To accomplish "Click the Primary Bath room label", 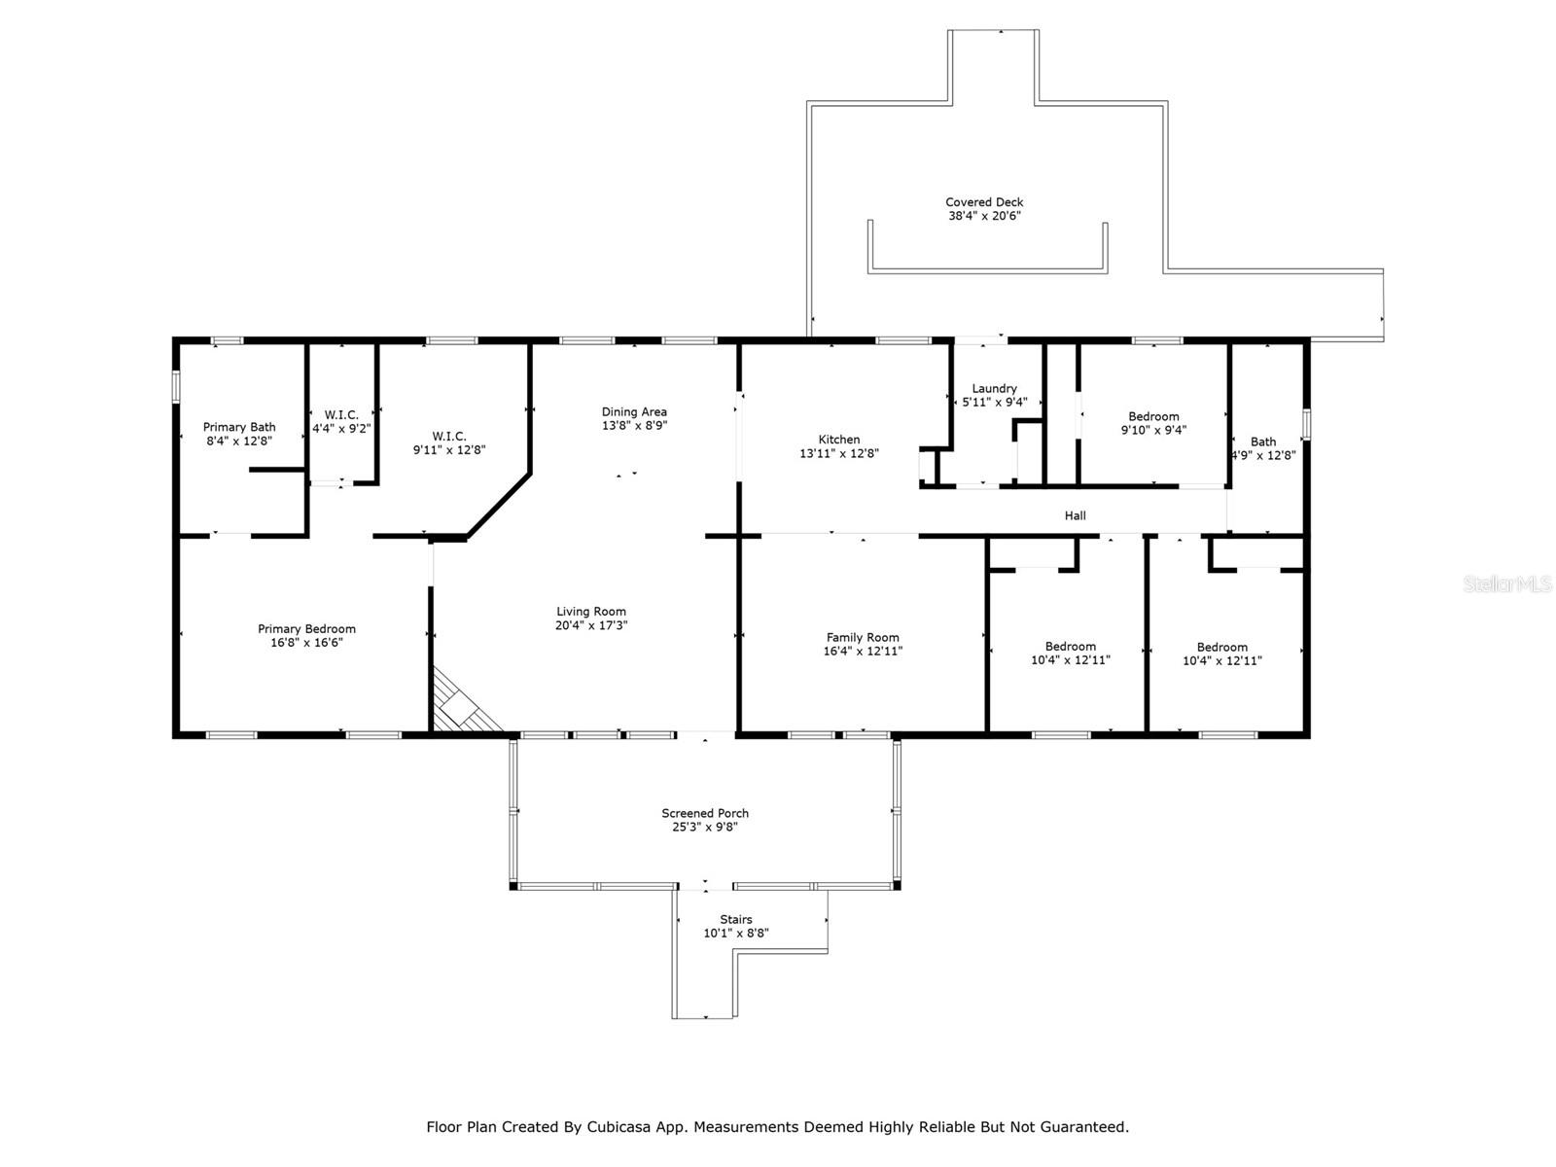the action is [239, 427].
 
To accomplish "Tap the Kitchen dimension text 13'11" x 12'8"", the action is [839, 453].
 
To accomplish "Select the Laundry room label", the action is [994, 389].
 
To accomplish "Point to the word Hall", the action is [1075, 515].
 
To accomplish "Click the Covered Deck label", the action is [984, 202].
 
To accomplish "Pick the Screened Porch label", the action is [705, 813].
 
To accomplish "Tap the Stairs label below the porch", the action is [736, 920].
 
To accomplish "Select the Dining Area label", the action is [634, 412].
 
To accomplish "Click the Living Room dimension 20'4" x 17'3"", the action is [591, 625].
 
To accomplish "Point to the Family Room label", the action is [862, 638].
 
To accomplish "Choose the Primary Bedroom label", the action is [306, 629].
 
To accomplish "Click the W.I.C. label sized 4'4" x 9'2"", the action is [341, 415].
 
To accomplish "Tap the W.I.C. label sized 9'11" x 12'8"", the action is [448, 437].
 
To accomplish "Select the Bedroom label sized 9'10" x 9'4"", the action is [1153, 416].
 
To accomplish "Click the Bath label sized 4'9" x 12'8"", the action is [1263, 442].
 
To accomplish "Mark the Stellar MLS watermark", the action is [1507, 583].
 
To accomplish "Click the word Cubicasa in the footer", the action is [619, 1126].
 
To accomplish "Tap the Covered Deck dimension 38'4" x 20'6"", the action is [984, 216].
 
